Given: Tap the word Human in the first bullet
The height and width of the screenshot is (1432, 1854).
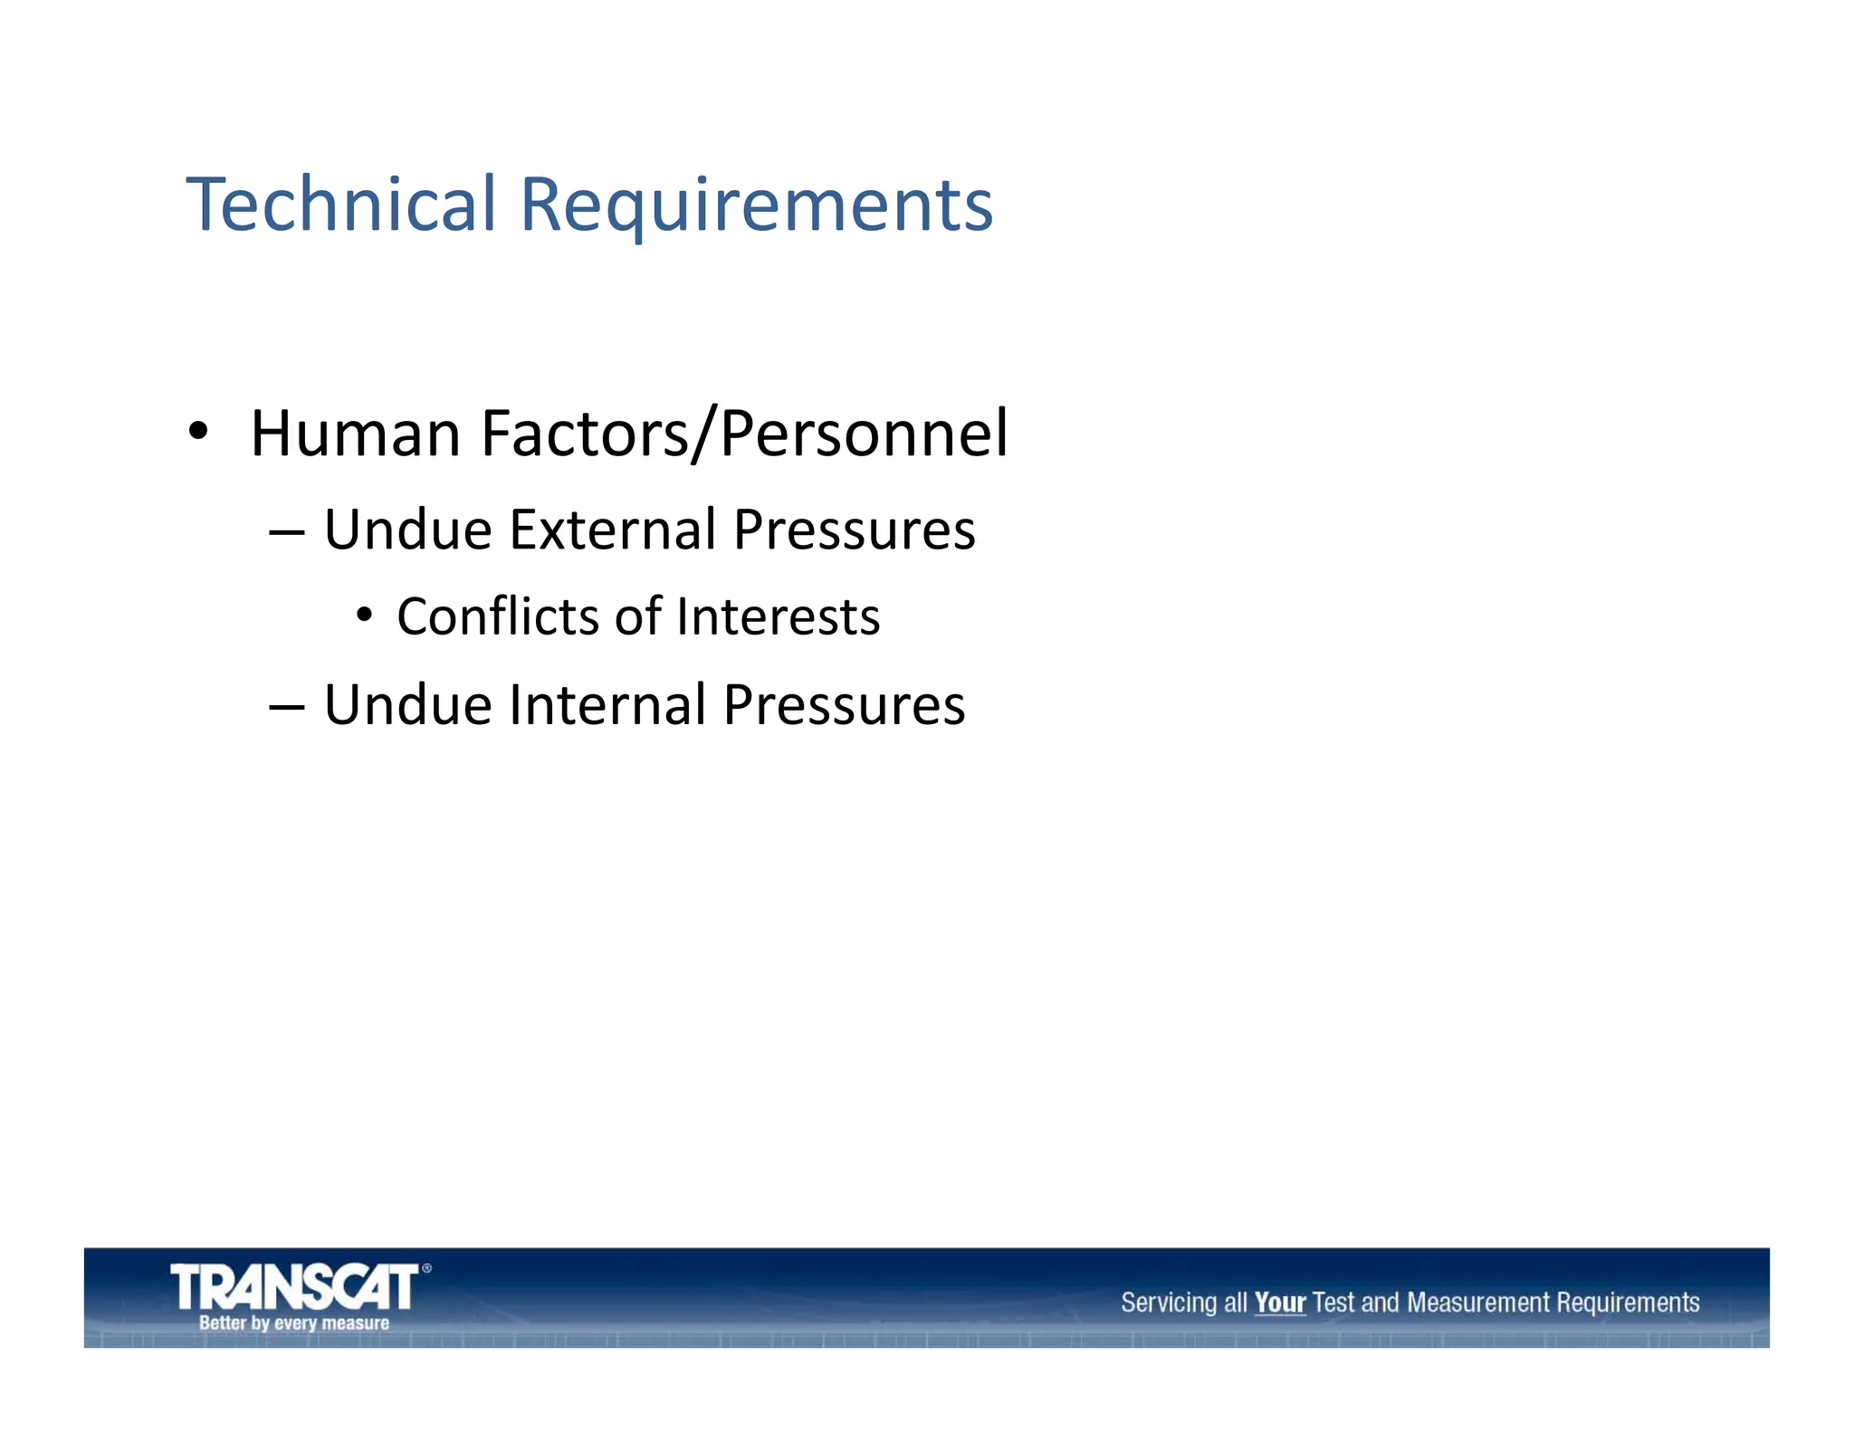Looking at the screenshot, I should (355, 434).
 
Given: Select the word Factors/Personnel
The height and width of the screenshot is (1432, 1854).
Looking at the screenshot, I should (744, 434).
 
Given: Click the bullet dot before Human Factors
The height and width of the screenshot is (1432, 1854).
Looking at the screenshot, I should (198, 431).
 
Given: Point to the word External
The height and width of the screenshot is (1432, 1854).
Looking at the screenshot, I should (612, 530).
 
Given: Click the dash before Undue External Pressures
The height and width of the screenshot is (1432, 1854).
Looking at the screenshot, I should (286, 531).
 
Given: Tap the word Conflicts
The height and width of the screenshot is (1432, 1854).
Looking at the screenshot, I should (497, 617).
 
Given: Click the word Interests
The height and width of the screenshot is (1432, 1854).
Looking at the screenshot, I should (778, 617).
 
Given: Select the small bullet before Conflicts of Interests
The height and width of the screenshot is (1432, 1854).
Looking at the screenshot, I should (364, 616).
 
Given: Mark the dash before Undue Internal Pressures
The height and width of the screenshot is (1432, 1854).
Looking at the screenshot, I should (286, 707).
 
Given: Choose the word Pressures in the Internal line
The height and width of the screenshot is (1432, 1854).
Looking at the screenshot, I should (844, 706).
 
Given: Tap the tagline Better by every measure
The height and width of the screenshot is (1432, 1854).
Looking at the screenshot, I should (294, 1323).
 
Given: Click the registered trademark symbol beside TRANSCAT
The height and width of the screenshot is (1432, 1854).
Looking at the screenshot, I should (427, 1269).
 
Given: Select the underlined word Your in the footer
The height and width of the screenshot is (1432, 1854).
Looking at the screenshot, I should (1279, 1303).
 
